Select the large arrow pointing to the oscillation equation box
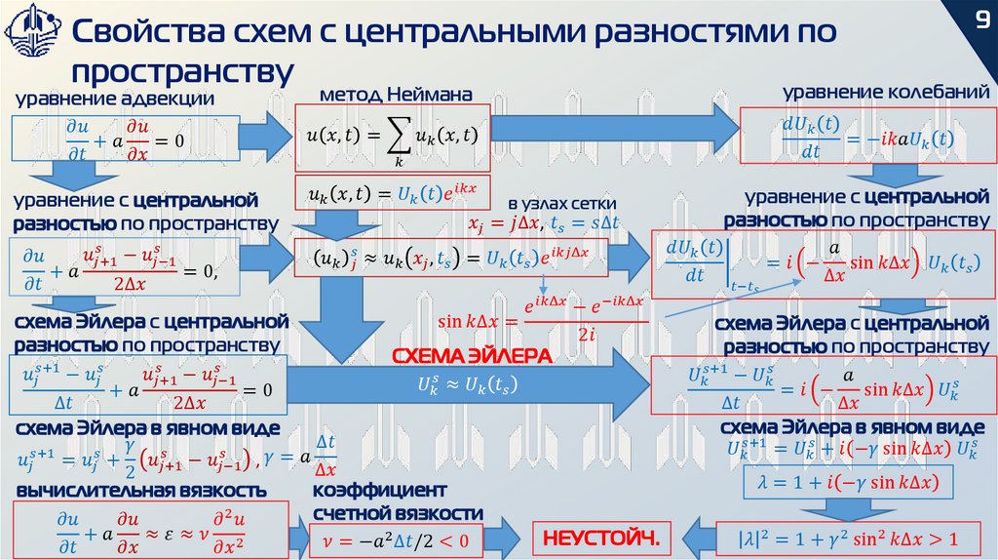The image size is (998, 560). [614, 130]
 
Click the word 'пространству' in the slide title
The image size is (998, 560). [182, 70]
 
